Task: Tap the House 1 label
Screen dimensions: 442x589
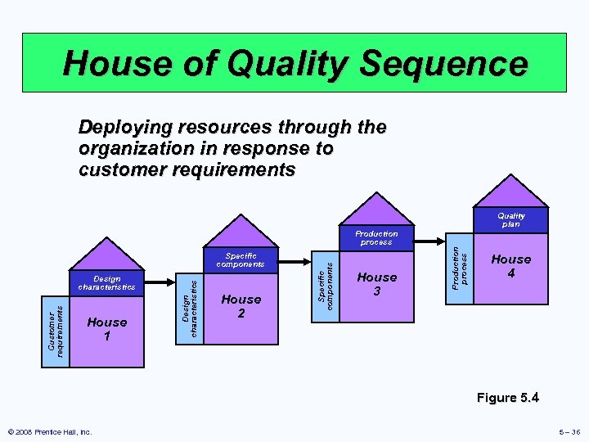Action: pyautogui.click(x=107, y=328)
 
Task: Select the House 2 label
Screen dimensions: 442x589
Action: pyautogui.click(x=241, y=305)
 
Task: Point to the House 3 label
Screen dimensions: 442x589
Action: pyautogui.click(x=377, y=283)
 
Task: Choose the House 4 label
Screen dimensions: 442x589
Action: pyautogui.click(x=511, y=265)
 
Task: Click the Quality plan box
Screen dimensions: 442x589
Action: pyautogui.click(x=511, y=220)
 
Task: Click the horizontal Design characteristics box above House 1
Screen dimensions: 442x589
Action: pyautogui.click(x=107, y=283)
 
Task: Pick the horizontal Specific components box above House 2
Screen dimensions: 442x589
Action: pyautogui.click(x=241, y=260)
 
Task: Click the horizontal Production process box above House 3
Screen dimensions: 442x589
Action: pyautogui.click(x=376, y=238)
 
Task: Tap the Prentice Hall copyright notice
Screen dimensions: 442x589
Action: pyautogui.click(x=50, y=431)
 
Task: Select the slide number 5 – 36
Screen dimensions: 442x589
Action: pyautogui.click(x=564, y=431)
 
